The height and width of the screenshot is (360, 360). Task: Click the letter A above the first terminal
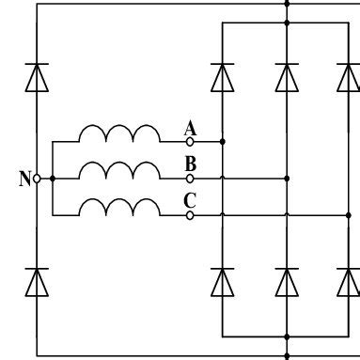pyautogui.click(x=191, y=129)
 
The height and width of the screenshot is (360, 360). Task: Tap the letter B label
pyautogui.click(x=191, y=164)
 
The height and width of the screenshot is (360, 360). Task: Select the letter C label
pyautogui.click(x=191, y=199)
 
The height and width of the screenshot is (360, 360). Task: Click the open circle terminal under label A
pyautogui.click(x=190, y=141)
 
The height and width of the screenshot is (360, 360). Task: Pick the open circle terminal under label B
pyautogui.click(x=190, y=178)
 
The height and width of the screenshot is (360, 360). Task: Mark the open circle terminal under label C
pyautogui.click(x=190, y=215)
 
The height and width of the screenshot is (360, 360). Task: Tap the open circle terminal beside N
pyautogui.click(x=37, y=178)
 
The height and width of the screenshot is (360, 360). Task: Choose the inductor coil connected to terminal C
pyautogui.click(x=119, y=207)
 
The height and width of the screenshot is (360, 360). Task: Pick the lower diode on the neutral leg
pyautogui.click(x=37, y=280)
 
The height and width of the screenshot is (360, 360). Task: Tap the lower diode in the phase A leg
pyautogui.click(x=222, y=280)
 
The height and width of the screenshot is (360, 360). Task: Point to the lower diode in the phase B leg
pyautogui.click(x=287, y=280)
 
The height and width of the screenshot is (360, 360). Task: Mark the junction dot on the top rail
pyautogui.click(x=287, y=4)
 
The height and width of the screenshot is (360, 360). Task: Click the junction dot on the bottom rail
pyautogui.click(x=287, y=356)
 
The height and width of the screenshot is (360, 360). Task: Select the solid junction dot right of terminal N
pyautogui.click(x=53, y=178)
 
